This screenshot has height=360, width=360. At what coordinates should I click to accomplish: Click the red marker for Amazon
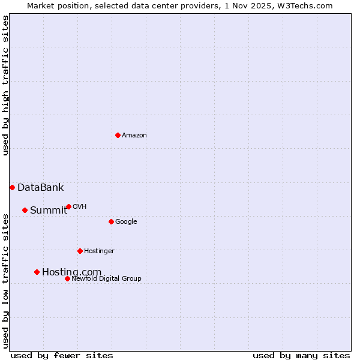[118, 135]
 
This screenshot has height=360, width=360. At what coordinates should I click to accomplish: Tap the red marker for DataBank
[12, 187]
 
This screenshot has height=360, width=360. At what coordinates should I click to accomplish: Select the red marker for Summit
[25, 210]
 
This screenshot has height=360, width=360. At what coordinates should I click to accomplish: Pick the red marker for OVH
[68, 206]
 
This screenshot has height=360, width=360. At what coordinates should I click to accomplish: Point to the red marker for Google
[111, 221]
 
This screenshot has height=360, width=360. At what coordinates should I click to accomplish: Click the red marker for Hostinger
[80, 251]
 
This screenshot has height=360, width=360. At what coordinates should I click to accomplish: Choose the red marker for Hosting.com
[37, 272]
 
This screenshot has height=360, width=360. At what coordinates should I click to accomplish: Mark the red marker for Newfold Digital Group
[67, 278]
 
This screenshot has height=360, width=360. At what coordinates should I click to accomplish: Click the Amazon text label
[134, 135]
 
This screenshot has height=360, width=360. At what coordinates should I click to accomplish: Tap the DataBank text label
[40, 187]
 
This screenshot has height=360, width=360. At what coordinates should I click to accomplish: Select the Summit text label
[49, 210]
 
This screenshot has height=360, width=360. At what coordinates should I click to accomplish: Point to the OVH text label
[80, 206]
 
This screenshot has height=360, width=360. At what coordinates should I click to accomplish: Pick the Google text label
[126, 221]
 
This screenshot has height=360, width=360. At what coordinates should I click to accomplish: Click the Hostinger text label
[99, 251]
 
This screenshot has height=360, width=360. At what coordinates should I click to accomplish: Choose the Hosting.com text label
[71, 272]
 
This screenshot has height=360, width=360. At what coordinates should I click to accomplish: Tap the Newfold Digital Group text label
[106, 278]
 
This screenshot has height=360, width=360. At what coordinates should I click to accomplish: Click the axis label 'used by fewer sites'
[62, 355]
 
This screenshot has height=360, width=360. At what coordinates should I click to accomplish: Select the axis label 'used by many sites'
[301, 355]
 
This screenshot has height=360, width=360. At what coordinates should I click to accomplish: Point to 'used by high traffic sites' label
[5, 85]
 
